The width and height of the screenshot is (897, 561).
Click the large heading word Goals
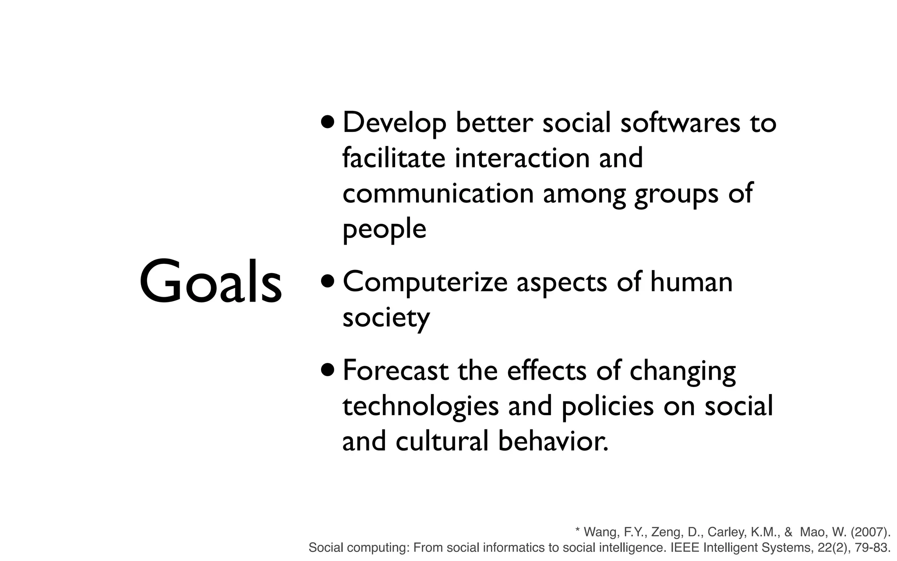(211, 282)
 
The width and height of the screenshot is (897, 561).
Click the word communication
(438, 193)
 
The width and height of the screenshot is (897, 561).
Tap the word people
(384, 230)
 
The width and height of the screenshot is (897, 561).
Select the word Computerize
(425, 283)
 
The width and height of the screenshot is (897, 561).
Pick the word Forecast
(396, 371)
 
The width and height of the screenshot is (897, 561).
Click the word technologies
(420, 406)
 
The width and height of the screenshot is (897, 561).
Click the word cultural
(441, 441)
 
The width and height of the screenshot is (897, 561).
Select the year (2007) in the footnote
(871, 532)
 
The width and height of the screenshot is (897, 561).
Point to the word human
(691, 282)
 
